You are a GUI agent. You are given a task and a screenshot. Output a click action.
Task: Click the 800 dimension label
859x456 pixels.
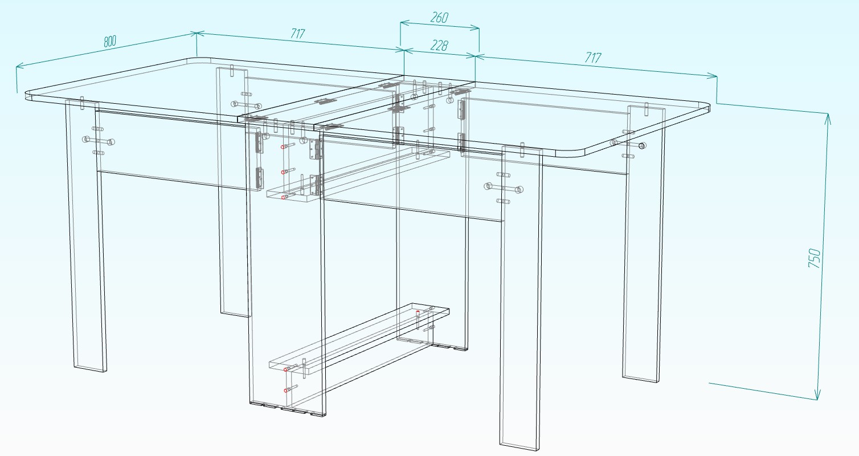click(110, 41)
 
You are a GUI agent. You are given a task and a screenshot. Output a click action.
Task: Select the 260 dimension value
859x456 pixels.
click(440, 18)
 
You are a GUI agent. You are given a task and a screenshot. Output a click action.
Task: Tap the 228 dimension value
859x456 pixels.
click(439, 45)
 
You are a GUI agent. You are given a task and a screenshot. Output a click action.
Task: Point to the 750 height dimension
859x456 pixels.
click(815, 258)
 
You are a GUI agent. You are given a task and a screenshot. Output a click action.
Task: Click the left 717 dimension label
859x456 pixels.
click(297, 34)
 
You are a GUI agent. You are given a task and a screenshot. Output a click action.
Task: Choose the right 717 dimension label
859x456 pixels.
click(593, 58)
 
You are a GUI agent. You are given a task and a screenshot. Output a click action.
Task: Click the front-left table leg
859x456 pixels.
click(86, 235)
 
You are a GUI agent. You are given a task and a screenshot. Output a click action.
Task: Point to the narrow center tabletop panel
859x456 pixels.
click(357, 101)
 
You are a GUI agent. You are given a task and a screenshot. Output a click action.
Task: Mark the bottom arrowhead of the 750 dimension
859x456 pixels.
click(817, 396)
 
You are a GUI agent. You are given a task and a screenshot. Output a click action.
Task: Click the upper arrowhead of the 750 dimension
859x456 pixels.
click(828, 118)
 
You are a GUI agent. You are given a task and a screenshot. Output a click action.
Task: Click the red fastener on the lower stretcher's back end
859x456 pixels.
click(418, 312)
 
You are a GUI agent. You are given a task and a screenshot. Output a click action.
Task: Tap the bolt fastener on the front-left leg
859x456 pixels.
click(99, 141)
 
